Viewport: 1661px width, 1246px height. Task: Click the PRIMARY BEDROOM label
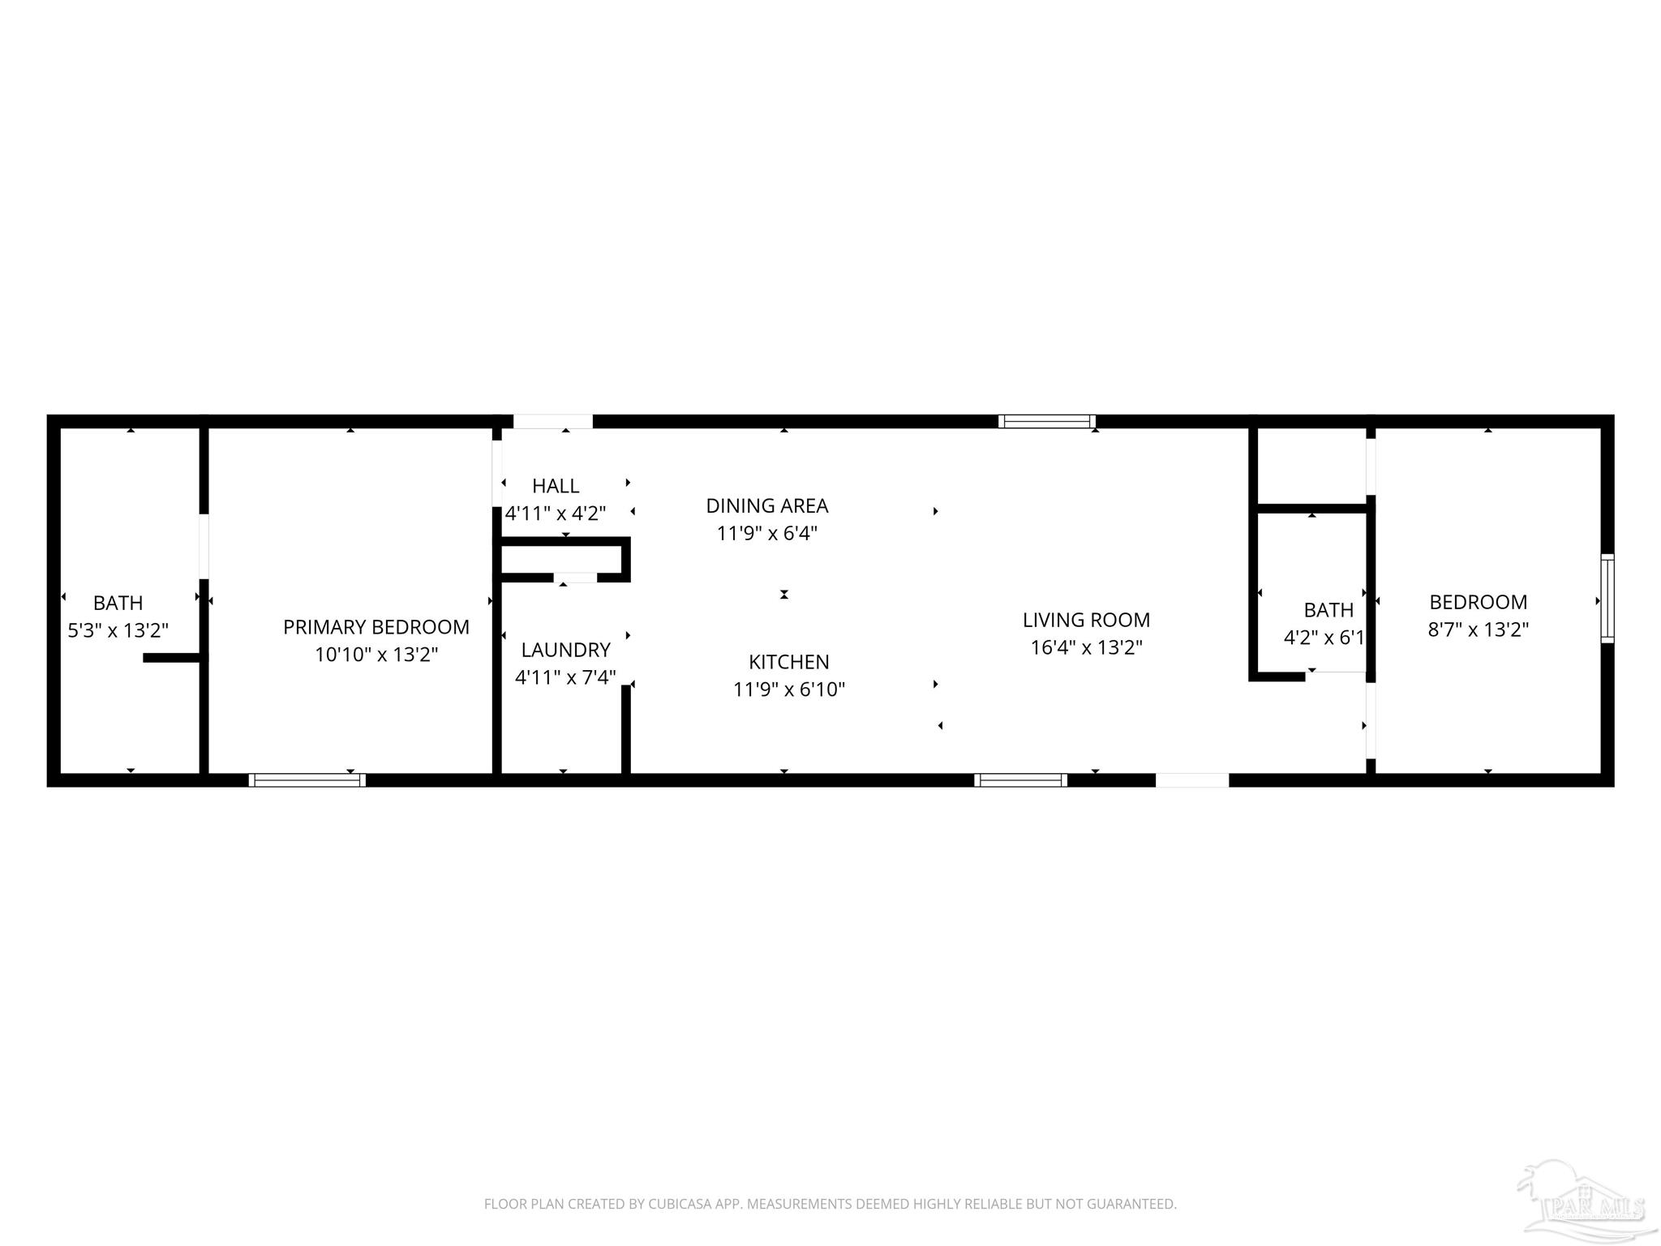376,627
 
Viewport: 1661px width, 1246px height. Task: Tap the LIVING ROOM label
1086,621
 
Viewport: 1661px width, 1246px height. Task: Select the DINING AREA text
766,506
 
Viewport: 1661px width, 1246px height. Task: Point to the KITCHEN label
788,662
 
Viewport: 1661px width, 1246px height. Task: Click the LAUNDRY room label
565,650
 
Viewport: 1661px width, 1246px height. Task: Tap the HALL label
556,486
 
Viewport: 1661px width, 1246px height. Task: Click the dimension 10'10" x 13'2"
376,655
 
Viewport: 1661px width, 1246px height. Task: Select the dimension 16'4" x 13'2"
1086,647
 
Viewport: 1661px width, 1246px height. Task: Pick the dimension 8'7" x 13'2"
1478,629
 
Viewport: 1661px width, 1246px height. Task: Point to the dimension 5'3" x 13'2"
118,630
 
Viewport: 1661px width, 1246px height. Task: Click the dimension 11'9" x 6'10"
788,690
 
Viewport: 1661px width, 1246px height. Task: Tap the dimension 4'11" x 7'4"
565,677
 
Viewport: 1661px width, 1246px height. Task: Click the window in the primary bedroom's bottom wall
307,780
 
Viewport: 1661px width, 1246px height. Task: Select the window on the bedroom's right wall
1607,599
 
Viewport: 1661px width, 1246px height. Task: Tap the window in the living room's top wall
1046,421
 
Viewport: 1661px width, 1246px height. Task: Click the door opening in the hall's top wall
552,421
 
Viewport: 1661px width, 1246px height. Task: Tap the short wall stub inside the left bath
172,657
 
